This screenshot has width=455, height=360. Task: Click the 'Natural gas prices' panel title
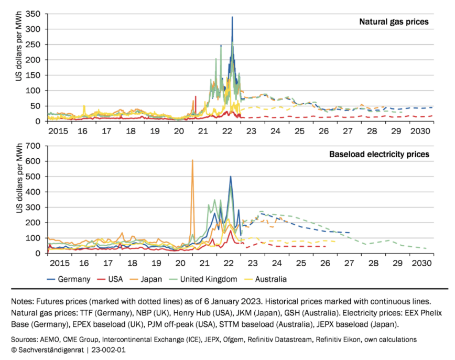(394, 22)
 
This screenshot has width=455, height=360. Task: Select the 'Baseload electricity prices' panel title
(379, 155)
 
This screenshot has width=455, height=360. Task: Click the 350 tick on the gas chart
(35, 14)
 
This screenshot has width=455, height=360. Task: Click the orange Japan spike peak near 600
(192, 160)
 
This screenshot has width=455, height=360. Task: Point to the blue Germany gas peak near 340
(232, 17)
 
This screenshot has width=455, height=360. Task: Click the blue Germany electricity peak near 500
(231, 177)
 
